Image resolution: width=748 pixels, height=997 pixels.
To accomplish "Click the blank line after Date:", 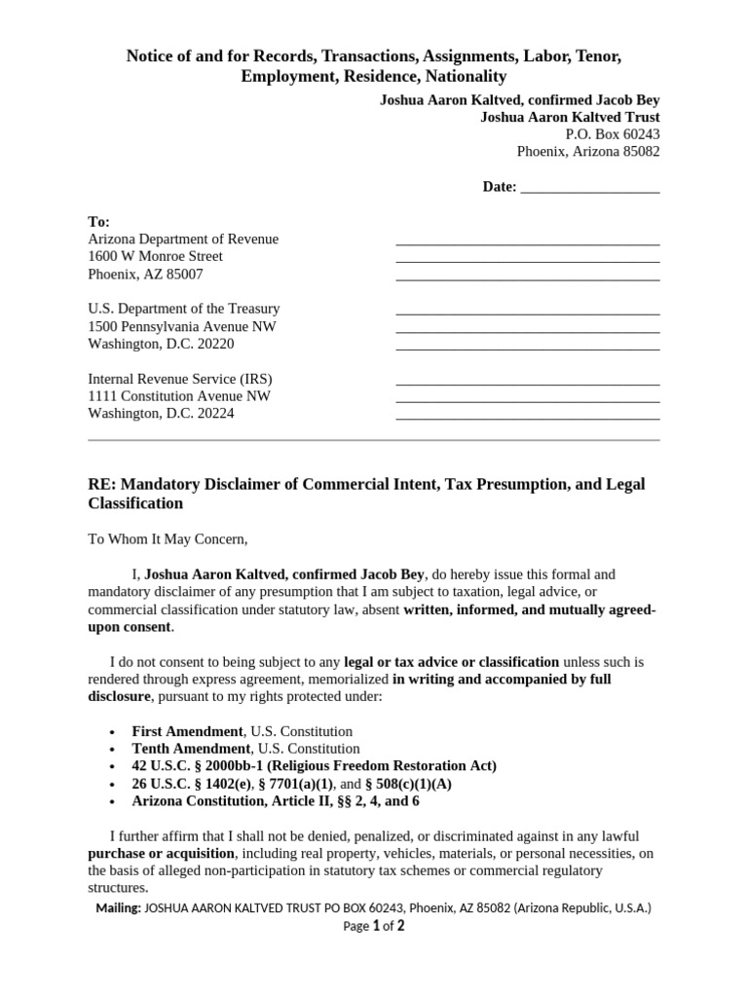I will pos(590,188).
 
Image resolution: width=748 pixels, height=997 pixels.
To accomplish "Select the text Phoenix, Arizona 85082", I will pos(587,152).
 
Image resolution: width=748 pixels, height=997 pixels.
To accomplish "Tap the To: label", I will pos(99,222).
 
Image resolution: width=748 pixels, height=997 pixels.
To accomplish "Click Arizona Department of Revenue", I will pos(183,240).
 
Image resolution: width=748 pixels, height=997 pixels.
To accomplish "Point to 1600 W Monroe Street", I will pos(156,257).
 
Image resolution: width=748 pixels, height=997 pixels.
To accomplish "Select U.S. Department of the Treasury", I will pos(184,309).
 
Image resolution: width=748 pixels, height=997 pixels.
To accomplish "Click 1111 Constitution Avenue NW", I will pos(179,396).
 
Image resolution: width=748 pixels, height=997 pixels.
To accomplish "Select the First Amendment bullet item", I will pos(242,731).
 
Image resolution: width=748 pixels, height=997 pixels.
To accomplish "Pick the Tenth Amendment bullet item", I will pos(245,749).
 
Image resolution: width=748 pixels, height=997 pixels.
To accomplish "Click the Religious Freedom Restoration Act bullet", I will pos(314,766).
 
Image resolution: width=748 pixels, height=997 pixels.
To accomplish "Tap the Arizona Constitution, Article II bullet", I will pos(276,802).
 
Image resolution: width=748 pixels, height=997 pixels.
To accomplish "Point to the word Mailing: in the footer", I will pos(118,908).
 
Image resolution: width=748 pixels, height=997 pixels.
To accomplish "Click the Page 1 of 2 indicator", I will pos(374,927).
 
